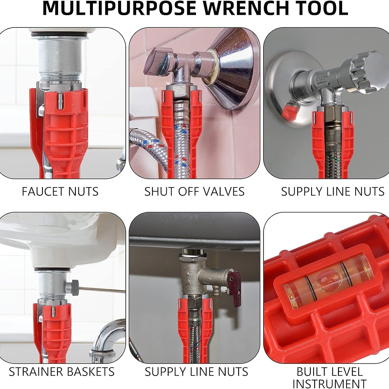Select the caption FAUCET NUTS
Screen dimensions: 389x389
tap(60, 192)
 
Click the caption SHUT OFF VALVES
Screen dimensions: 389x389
tap(194, 192)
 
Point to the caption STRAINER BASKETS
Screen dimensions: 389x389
tap(62, 372)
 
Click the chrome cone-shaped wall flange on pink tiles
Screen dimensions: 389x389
tap(230, 70)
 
